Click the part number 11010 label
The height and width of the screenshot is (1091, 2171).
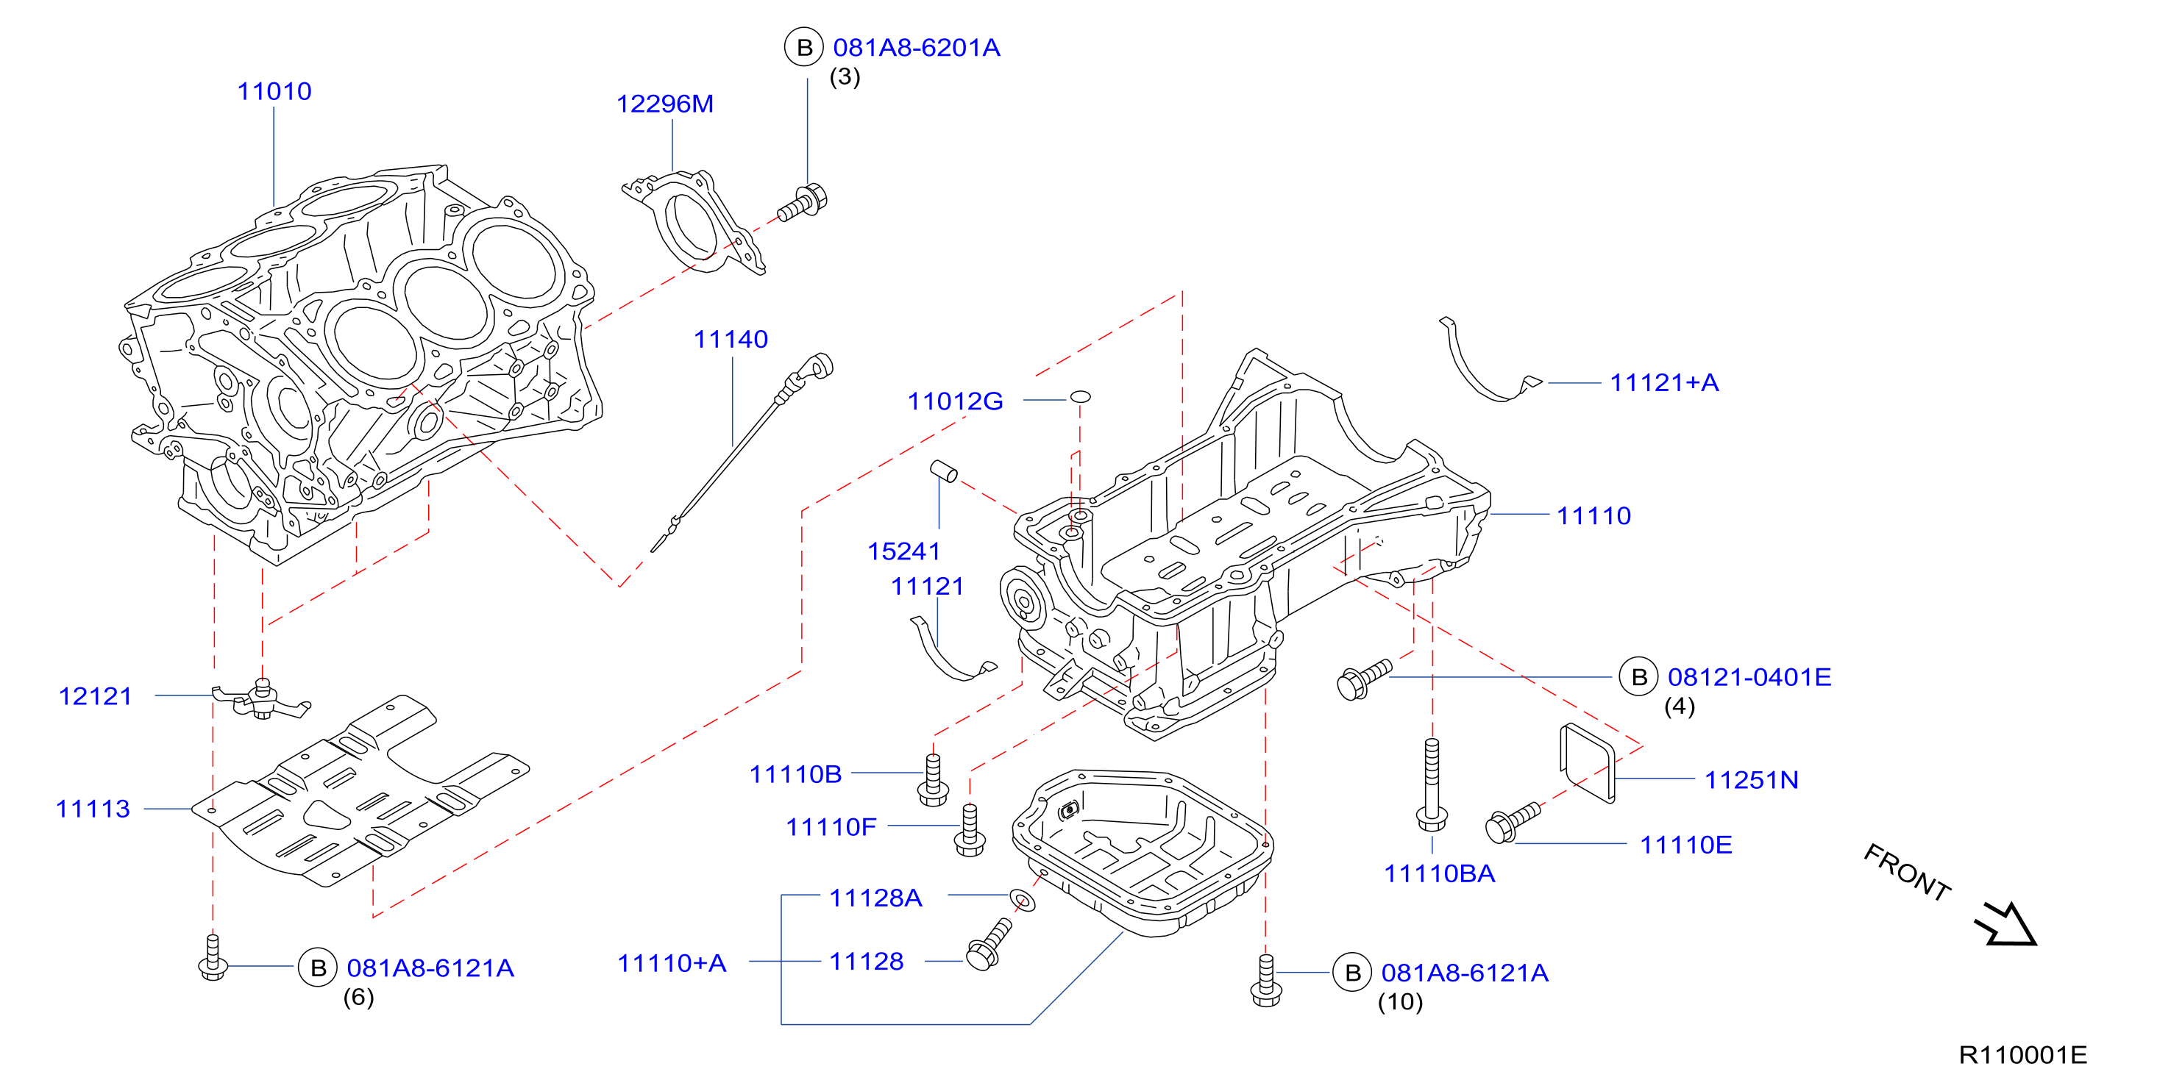(274, 91)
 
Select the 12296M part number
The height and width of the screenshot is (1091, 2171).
(664, 104)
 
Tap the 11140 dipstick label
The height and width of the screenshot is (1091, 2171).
(731, 339)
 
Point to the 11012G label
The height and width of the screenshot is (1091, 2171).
(955, 401)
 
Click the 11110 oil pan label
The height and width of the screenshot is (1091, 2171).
(1593, 515)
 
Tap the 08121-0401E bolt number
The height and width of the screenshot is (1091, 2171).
(1749, 676)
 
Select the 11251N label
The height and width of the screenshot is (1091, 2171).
(1752, 779)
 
